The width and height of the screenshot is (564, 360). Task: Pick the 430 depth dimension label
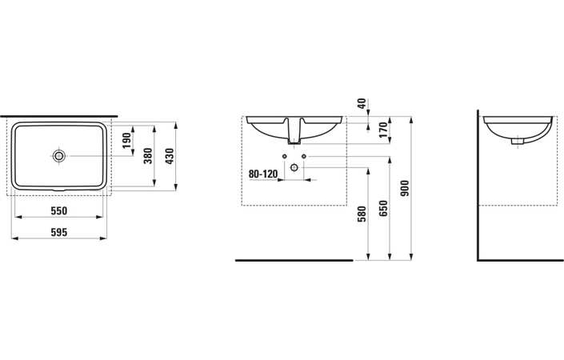point(168,155)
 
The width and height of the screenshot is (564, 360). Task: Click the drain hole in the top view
point(59,155)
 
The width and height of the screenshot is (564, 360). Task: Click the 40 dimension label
point(361,103)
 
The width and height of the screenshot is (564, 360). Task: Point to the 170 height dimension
point(383,129)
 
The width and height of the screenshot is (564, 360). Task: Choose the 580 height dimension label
point(361,214)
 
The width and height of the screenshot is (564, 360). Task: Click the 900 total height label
point(405,188)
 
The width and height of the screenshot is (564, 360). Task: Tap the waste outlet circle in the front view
point(295,168)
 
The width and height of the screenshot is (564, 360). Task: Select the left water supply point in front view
point(283,155)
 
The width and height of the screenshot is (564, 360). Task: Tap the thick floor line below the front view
point(294,260)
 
